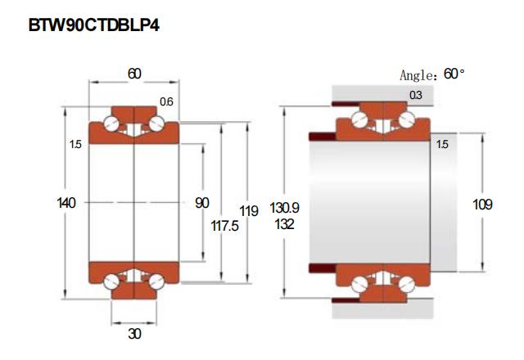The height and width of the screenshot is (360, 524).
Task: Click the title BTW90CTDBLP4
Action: pos(94,25)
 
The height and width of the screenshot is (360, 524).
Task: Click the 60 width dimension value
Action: pos(134,74)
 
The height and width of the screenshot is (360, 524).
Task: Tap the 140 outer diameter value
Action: pos(66,203)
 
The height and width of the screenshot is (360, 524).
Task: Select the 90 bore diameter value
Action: pos(202,203)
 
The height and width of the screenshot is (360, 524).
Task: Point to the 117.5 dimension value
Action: pos(224,226)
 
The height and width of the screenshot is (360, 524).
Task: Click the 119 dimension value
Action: pos(249,211)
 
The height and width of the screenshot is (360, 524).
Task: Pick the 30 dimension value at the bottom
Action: pos(134,334)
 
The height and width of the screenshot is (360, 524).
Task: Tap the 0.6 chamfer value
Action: pos(166,101)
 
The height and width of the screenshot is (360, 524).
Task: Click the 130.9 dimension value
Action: pos(284,208)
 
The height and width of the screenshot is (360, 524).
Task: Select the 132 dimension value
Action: pos(284,224)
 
